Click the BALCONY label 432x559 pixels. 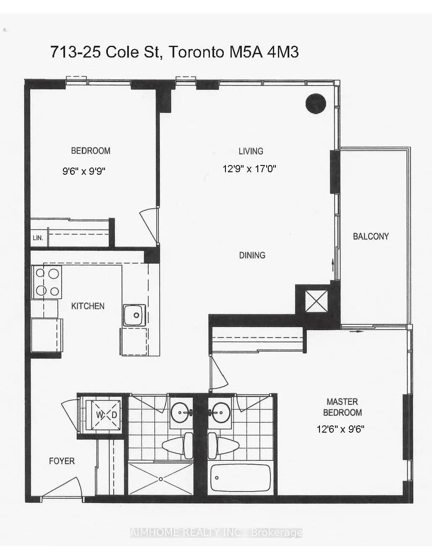point(371,236)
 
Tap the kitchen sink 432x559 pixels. point(134,315)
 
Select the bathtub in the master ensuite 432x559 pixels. point(241,478)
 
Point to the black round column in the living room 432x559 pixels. point(316,103)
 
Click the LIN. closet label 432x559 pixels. point(38,238)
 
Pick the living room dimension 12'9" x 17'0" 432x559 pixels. point(249,169)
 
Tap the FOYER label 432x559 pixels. point(62,461)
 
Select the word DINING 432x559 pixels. point(252,255)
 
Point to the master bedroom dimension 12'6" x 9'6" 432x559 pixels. point(340,429)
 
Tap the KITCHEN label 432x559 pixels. point(88,306)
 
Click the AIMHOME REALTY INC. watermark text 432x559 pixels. point(216,533)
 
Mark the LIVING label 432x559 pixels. point(251,151)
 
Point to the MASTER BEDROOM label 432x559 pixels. point(342,407)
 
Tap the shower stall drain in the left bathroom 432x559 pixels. point(160,479)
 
